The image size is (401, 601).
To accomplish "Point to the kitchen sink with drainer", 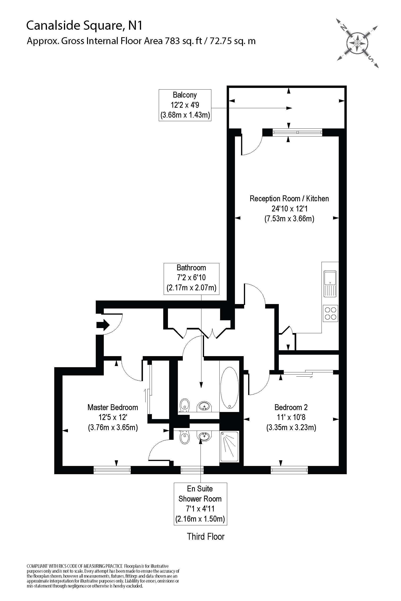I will point(330,284).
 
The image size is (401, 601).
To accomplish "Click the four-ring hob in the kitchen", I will point(330,313).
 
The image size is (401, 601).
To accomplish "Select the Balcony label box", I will point(185,105).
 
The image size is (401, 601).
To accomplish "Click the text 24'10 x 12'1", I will point(289,209).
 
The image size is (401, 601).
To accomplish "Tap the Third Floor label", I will point(206,537).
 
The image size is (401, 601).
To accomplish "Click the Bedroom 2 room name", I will point(291,407).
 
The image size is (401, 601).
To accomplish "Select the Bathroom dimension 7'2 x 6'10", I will point(191,277).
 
